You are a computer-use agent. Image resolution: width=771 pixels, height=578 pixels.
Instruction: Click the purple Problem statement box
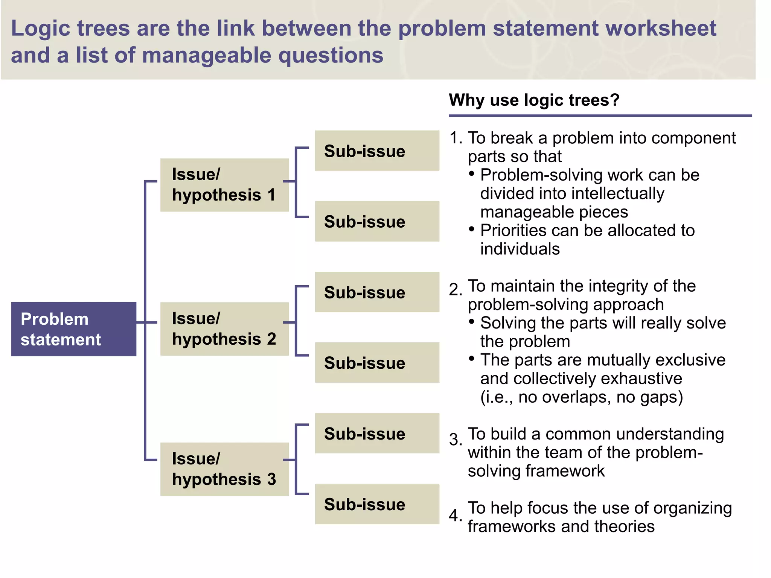pyautogui.click(x=73, y=329)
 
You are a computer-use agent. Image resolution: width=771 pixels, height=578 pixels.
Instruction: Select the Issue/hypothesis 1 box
pyautogui.click(x=224, y=185)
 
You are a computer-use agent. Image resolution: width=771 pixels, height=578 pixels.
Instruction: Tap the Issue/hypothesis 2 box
pyautogui.click(x=224, y=329)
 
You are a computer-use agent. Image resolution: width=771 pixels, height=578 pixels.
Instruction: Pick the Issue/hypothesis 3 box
pyautogui.click(x=224, y=469)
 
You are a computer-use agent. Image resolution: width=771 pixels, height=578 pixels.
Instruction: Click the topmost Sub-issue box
pyautogui.click(x=377, y=151)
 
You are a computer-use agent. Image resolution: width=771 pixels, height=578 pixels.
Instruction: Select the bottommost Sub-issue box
pyautogui.click(x=377, y=504)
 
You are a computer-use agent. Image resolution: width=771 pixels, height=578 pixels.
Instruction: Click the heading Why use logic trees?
pyautogui.click(x=534, y=100)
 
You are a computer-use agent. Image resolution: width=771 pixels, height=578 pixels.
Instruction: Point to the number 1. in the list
pyautogui.click(x=456, y=138)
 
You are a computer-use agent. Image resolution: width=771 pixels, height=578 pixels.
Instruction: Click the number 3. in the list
pyautogui.click(x=456, y=440)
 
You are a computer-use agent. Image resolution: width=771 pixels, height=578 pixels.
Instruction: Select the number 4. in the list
pyautogui.click(x=456, y=515)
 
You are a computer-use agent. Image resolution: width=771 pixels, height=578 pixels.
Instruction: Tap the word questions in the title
pyautogui.click(x=331, y=56)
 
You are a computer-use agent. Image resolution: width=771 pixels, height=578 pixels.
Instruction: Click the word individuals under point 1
pyautogui.click(x=520, y=249)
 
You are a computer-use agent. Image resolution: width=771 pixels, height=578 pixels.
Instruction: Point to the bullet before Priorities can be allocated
pyautogui.click(x=472, y=229)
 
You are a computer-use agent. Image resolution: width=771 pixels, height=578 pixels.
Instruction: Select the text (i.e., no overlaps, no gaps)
pyautogui.click(x=582, y=397)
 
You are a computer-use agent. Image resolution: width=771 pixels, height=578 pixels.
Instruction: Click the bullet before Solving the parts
pyautogui.click(x=472, y=321)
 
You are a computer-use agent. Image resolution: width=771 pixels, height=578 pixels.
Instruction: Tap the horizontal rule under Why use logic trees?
pyautogui.click(x=600, y=116)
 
